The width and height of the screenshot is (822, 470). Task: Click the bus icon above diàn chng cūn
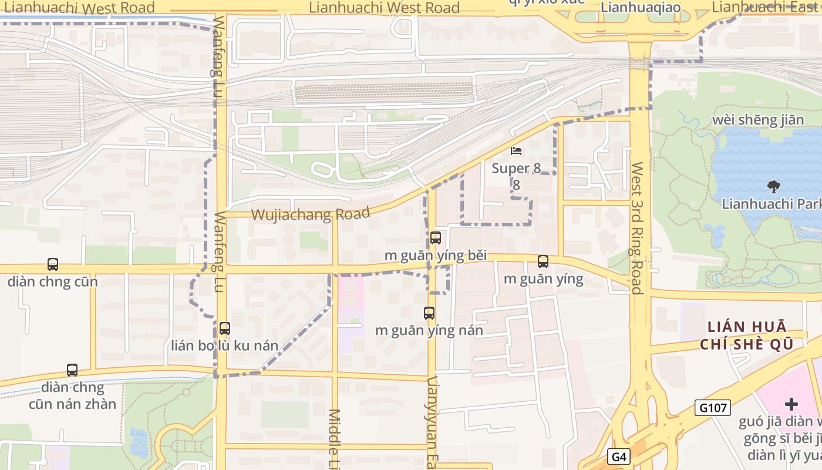click(x=53, y=264)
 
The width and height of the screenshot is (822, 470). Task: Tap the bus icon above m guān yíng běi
click(x=435, y=238)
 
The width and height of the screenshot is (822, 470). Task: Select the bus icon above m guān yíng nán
click(x=429, y=313)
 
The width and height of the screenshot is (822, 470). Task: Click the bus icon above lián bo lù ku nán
click(x=224, y=328)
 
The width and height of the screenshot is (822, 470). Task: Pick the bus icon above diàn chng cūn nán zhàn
click(x=72, y=370)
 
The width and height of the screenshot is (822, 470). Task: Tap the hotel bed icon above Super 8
click(x=516, y=151)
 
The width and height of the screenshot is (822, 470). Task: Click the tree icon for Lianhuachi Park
click(x=774, y=187)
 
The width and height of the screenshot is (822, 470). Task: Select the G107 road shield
click(x=712, y=408)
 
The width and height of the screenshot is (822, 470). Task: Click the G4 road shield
click(x=618, y=456)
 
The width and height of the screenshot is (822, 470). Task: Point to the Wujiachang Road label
click(x=311, y=214)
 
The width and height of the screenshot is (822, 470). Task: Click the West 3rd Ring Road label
click(x=637, y=227)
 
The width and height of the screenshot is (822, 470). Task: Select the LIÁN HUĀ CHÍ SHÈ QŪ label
click(x=746, y=335)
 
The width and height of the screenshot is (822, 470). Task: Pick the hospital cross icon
click(x=791, y=404)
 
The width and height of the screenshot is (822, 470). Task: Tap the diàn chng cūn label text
click(x=52, y=281)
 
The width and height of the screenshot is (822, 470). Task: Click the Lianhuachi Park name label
click(x=771, y=204)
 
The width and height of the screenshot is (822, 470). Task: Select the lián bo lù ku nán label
click(x=224, y=345)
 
